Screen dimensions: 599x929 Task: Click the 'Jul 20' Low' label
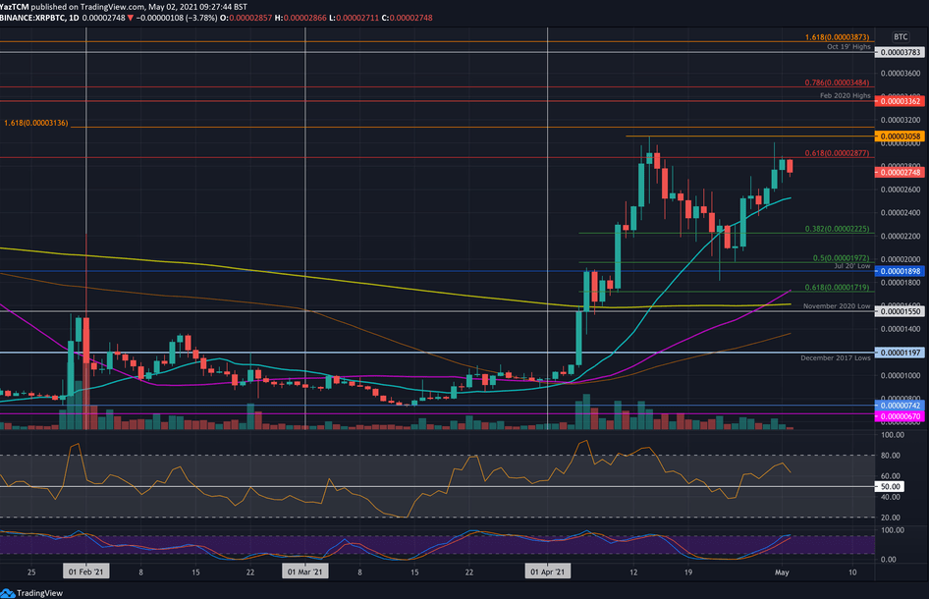point(852,266)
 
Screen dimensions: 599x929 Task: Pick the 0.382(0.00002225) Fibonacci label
point(834,228)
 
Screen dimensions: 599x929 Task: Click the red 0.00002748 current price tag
point(902,172)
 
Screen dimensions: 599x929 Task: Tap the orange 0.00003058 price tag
point(902,136)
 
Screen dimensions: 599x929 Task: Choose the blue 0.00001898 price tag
point(902,271)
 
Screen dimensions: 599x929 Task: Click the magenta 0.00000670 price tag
point(902,416)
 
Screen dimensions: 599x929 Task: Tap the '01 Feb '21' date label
point(86,571)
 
